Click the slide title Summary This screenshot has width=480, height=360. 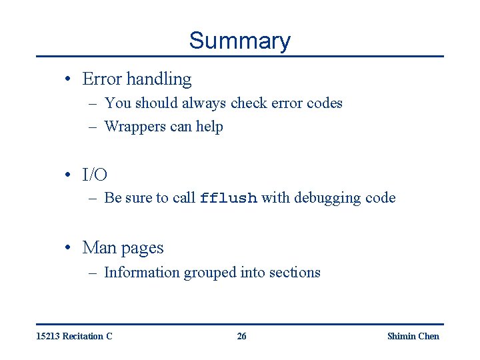tap(239, 41)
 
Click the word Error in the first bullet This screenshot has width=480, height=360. tap(102, 79)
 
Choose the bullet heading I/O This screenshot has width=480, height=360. tap(95, 175)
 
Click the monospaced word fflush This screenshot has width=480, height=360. tap(229, 199)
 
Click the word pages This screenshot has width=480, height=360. tap(142, 249)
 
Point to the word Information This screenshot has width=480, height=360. tap(142, 272)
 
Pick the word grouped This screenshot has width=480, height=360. tap(210, 273)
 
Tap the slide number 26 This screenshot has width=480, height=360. tap(241, 336)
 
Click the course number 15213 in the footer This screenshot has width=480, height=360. tap(49, 336)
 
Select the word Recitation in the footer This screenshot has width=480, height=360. tap(83, 336)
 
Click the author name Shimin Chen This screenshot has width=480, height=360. tap(413, 336)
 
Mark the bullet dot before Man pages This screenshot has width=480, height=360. tap(69, 248)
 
